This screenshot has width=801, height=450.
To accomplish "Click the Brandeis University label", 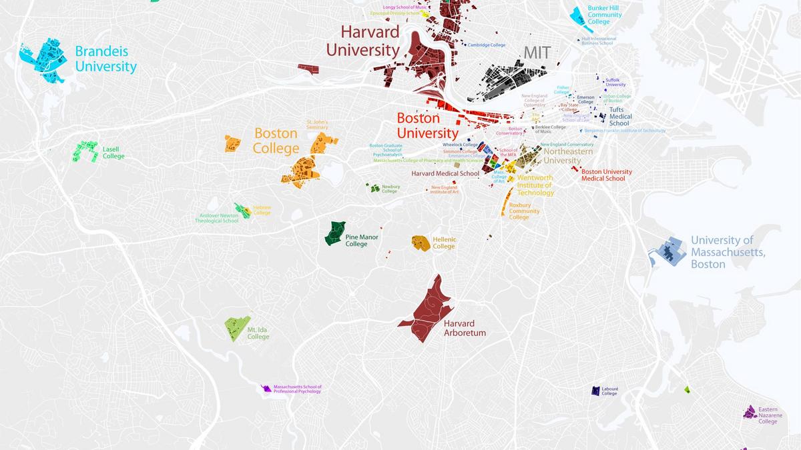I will [105, 59].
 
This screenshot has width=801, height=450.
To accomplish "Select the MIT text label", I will [537, 53].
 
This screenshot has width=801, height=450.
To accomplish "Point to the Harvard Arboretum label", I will [465, 327].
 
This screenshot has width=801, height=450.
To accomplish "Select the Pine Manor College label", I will [360, 240].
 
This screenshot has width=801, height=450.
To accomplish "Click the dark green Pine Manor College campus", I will [335, 233].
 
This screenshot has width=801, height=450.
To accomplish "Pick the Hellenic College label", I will [444, 243].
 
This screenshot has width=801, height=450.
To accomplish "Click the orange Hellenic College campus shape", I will [421, 243].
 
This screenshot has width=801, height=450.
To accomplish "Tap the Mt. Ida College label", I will [258, 333].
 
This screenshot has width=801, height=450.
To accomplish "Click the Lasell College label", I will [113, 152].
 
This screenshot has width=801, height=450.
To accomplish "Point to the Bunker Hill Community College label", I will [604, 15].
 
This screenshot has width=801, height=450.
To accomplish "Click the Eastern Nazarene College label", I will [768, 415].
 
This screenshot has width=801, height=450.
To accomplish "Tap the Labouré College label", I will [609, 391].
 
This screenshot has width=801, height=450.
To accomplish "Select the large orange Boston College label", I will [276, 141].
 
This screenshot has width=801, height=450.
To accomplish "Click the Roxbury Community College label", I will [524, 211].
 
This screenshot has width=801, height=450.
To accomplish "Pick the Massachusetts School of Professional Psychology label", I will [297, 389].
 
